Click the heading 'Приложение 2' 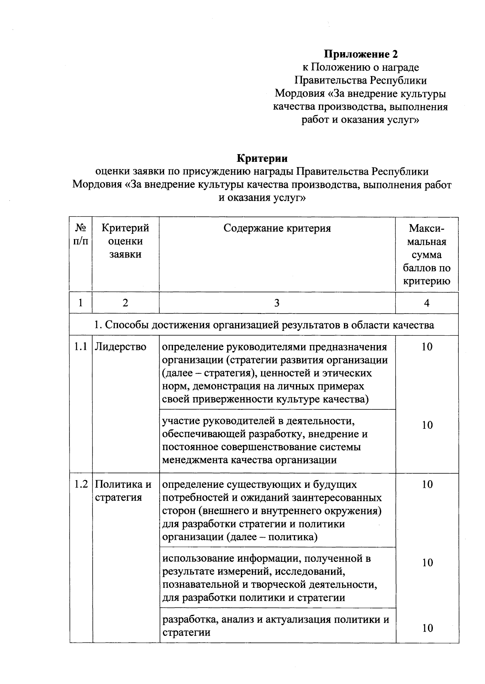tap(361, 54)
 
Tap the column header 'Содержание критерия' tap(277, 229)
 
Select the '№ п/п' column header tap(81, 235)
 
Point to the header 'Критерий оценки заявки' tap(125, 241)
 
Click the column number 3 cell tap(277, 303)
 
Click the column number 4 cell tap(427, 303)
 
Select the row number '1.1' tap(81, 347)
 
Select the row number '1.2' tap(81, 485)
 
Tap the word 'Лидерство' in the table tap(120, 347)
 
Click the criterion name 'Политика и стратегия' tap(123, 491)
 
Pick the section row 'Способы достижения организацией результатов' tap(264, 325)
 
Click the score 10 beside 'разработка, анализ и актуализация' tap(427, 628)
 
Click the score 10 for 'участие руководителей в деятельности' tap(427, 425)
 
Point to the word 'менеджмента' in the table tap(195, 460)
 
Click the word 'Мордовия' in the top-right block tap(299, 94)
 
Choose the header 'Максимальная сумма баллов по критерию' tap(427, 255)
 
